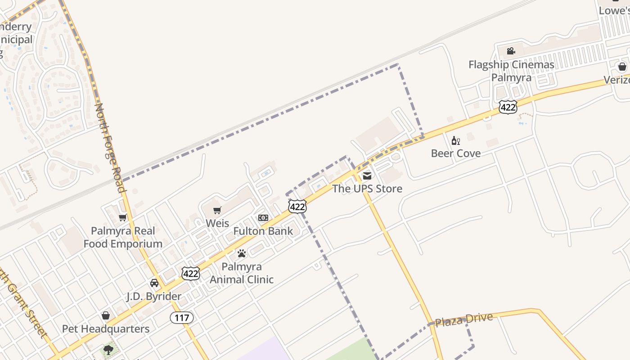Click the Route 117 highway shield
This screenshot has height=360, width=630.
(x=182, y=318)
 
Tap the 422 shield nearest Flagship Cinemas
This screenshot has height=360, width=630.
(x=508, y=107)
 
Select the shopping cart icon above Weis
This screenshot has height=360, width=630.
(x=217, y=210)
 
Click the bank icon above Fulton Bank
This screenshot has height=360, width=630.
(x=263, y=218)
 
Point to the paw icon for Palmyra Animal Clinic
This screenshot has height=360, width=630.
(x=242, y=253)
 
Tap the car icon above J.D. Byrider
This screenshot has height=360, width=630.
(x=154, y=283)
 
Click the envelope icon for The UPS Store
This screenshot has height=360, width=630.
(x=367, y=175)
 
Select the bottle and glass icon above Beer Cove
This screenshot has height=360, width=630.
(x=456, y=140)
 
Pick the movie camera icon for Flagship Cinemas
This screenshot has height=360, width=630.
(x=511, y=51)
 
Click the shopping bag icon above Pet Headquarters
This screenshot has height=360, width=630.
(x=106, y=315)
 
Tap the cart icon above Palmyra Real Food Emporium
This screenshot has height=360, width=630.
(x=122, y=218)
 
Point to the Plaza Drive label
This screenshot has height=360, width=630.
(x=464, y=320)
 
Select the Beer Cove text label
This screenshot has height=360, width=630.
(x=456, y=153)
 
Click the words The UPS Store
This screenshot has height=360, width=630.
(x=367, y=189)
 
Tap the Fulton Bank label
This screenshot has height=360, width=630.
(x=263, y=231)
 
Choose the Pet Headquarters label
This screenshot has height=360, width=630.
(x=106, y=329)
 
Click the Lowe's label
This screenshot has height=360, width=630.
(x=614, y=11)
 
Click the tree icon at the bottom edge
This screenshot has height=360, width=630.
(x=108, y=350)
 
